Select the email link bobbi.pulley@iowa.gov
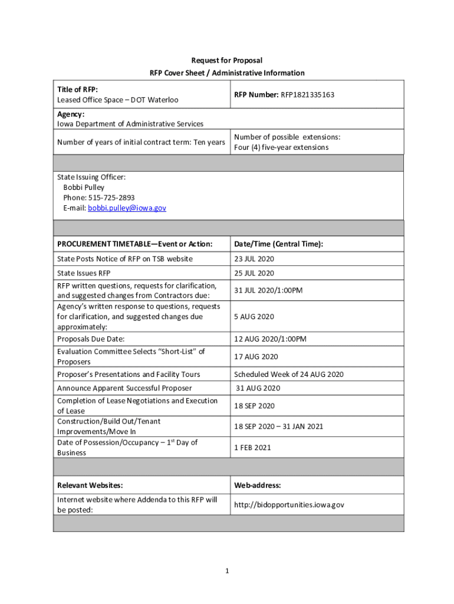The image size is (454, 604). pos(127,208)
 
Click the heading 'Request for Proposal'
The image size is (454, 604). pos(227,60)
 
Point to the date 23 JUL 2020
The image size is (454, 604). pos(254,259)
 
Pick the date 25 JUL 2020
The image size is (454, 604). pos(254,273)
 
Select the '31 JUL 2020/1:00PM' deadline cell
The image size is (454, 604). pos(268,290)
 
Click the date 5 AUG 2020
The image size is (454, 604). pos(254,317)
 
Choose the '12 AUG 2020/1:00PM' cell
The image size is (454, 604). pos(270,339)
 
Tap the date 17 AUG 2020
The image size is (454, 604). pos(256,357)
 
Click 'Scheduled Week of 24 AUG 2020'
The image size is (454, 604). pos(288,375)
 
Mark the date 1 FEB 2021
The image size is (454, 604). pos(252,448)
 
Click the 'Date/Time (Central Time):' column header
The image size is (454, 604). pos(278,244)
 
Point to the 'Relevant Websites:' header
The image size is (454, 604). pos(90,485)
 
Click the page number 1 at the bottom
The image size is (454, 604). pos(228,571)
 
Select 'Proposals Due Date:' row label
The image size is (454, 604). pos(91,339)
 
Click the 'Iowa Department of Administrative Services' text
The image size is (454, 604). pos(130,124)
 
